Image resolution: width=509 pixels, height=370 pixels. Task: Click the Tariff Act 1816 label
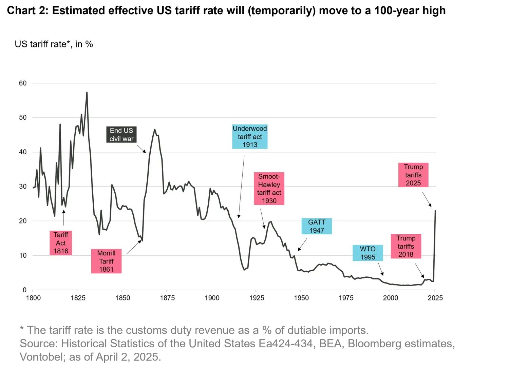point(61,243)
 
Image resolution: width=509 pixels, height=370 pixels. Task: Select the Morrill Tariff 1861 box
point(106,261)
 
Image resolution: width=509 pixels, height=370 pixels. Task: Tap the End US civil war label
point(121,135)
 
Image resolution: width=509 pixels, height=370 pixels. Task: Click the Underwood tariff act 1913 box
point(250,137)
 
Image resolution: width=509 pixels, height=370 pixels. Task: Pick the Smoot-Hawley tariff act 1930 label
point(269,189)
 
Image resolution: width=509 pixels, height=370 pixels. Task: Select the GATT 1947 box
point(317,226)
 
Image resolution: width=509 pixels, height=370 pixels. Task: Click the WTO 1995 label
point(368,253)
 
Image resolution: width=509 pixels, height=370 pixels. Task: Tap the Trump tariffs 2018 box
point(406,246)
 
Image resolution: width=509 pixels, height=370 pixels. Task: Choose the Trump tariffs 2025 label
point(413,175)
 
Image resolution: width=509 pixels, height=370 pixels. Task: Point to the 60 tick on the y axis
point(23,83)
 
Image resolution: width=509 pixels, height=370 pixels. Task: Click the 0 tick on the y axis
point(24,290)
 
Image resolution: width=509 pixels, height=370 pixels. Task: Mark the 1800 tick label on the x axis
point(33,298)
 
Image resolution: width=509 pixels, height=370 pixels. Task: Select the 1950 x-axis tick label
point(301,298)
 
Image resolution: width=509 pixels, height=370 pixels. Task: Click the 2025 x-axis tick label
point(435,298)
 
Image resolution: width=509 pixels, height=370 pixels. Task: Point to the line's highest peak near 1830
point(87,92)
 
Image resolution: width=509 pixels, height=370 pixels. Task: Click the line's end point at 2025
point(435,211)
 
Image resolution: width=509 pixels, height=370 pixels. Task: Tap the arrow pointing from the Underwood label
point(241,187)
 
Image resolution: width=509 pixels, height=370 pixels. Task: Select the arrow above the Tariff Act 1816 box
point(63,218)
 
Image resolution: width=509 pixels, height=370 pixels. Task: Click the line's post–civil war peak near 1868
point(155,129)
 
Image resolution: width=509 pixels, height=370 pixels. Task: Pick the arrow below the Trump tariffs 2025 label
point(427,199)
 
